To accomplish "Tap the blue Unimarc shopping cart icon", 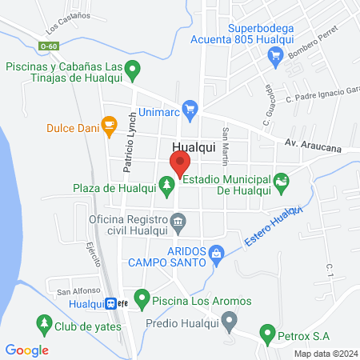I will [x=190, y=107].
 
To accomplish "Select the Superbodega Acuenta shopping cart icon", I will [x=275, y=55].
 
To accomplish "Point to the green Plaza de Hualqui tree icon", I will [x=166, y=187].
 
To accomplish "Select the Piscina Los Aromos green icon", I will [x=142, y=301].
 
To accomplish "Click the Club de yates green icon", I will [x=43, y=326].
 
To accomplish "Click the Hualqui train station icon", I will [x=111, y=303].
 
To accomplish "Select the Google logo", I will [x=27, y=350].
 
